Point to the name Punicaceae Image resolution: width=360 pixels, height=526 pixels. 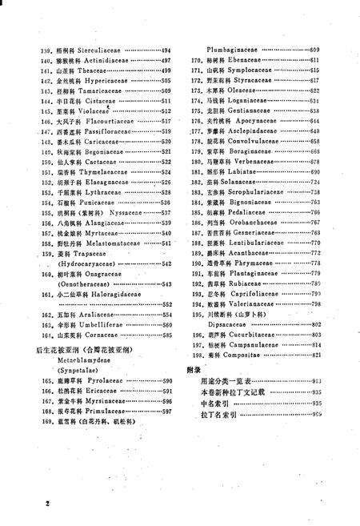tap(94, 203)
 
